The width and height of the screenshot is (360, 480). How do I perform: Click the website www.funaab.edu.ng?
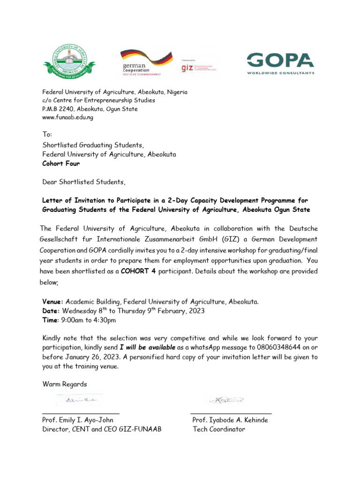(x=68, y=118)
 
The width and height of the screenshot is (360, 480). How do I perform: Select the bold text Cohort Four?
(x=61, y=164)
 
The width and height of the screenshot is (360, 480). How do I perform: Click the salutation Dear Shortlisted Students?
(x=84, y=181)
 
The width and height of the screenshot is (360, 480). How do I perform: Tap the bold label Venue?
(x=53, y=301)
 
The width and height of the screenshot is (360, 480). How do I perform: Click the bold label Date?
(x=51, y=310)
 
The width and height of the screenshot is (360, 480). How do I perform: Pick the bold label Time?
(x=51, y=320)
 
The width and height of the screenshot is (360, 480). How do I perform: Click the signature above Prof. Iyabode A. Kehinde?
(x=226, y=401)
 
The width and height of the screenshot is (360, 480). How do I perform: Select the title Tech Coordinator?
(x=218, y=429)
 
